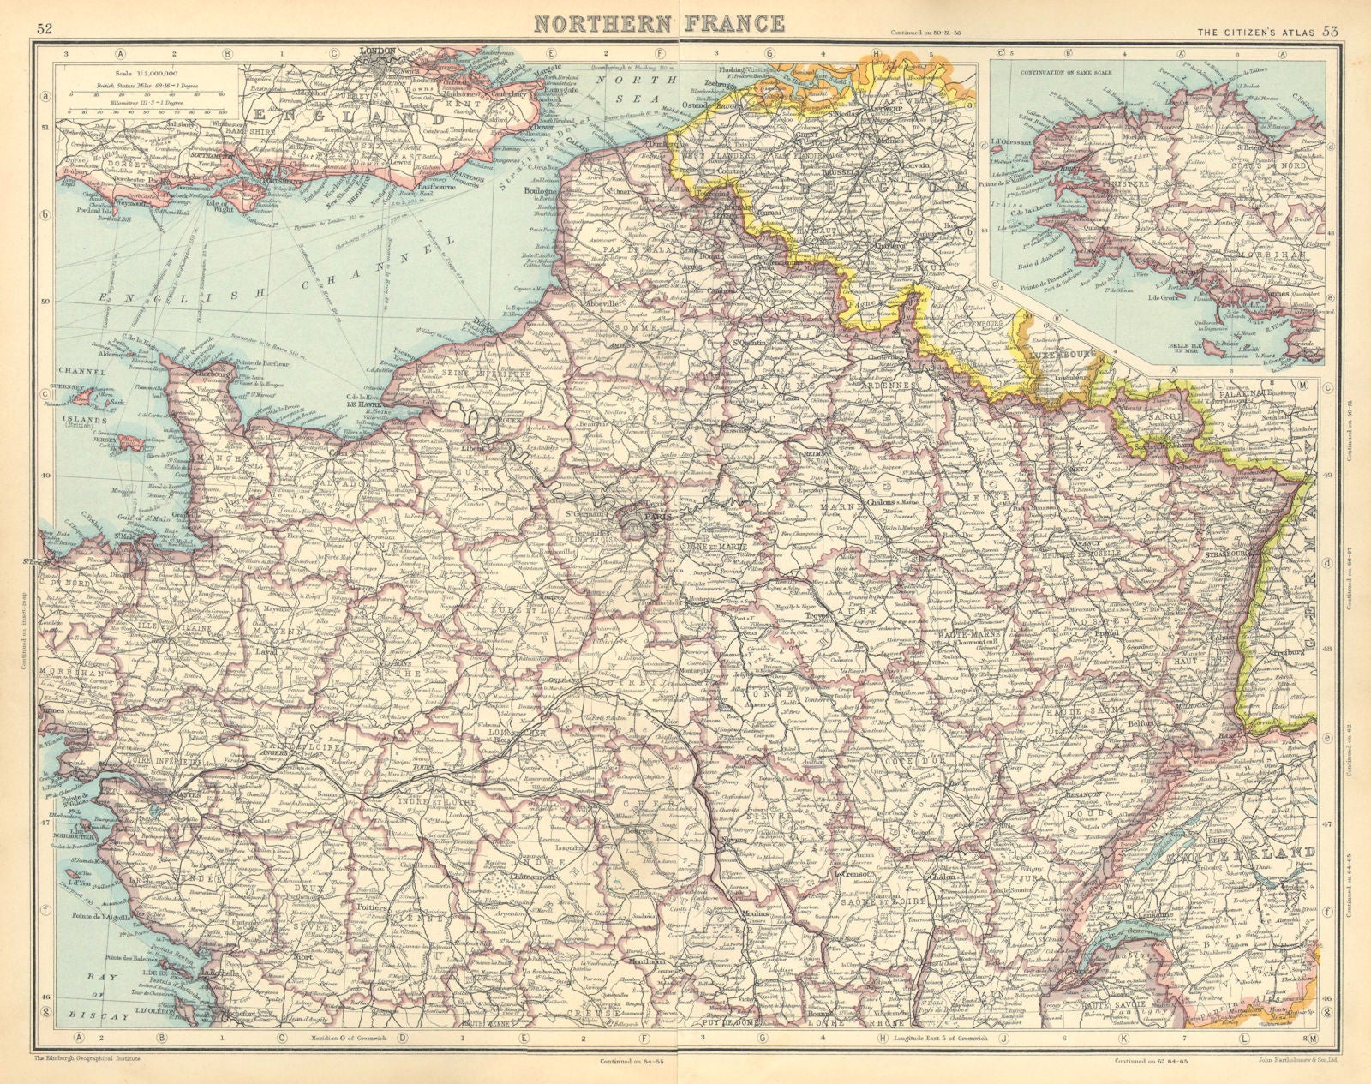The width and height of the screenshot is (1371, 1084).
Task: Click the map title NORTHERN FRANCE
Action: (660, 22)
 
